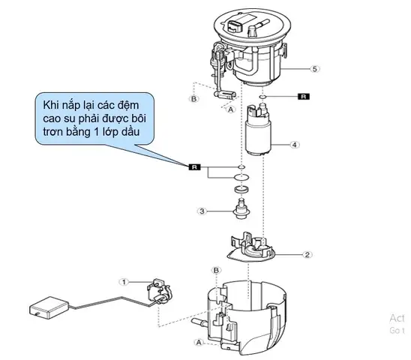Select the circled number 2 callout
307,254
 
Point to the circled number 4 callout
295,144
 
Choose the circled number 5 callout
315,68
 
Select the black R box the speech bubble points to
194,165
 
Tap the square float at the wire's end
43,308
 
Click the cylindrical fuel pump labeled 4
258,131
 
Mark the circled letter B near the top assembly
193,98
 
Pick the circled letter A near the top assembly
229,107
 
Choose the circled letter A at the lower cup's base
199,342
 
